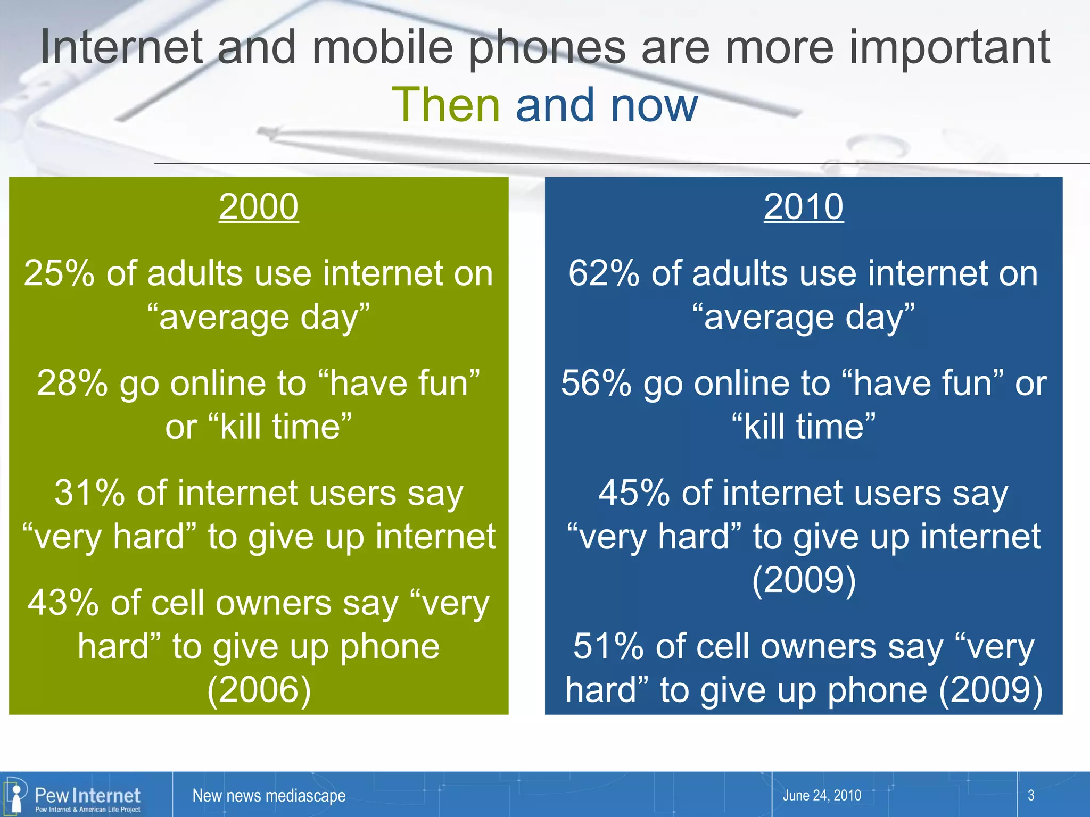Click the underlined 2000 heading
(259, 206)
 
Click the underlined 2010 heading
(803, 206)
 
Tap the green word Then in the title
(445, 105)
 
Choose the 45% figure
(634, 493)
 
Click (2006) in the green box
(259, 690)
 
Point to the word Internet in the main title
(121, 48)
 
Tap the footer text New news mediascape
(269, 796)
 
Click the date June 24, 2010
(822, 796)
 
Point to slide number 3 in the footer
(1031, 796)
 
